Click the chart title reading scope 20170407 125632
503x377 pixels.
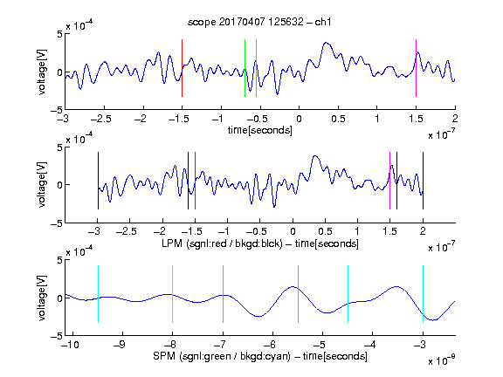[259, 22]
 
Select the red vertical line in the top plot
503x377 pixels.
[182, 68]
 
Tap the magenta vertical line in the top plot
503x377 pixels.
[416, 68]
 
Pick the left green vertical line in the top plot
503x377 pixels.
[245, 68]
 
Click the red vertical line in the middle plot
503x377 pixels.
[195, 181]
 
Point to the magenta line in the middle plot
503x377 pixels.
[389, 181]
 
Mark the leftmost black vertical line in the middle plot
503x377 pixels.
[98, 181]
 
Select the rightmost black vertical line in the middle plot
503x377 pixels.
[423, 181]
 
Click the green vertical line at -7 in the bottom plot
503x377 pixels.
[223, 294]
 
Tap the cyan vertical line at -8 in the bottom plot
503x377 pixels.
[172, 294]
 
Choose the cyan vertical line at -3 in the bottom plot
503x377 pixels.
[423, 294]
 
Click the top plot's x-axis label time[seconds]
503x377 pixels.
[260, 130]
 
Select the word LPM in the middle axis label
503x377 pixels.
[172, 243]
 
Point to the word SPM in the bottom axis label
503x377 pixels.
[164, 356]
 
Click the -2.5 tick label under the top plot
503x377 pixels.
[100, 119]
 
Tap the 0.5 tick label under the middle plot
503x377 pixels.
[325, 231]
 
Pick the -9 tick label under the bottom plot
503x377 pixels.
[119, 345]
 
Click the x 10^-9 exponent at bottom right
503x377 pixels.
[442, 360]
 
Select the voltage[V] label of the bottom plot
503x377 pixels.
[42, 298]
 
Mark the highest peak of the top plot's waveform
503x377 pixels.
[326, 42]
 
